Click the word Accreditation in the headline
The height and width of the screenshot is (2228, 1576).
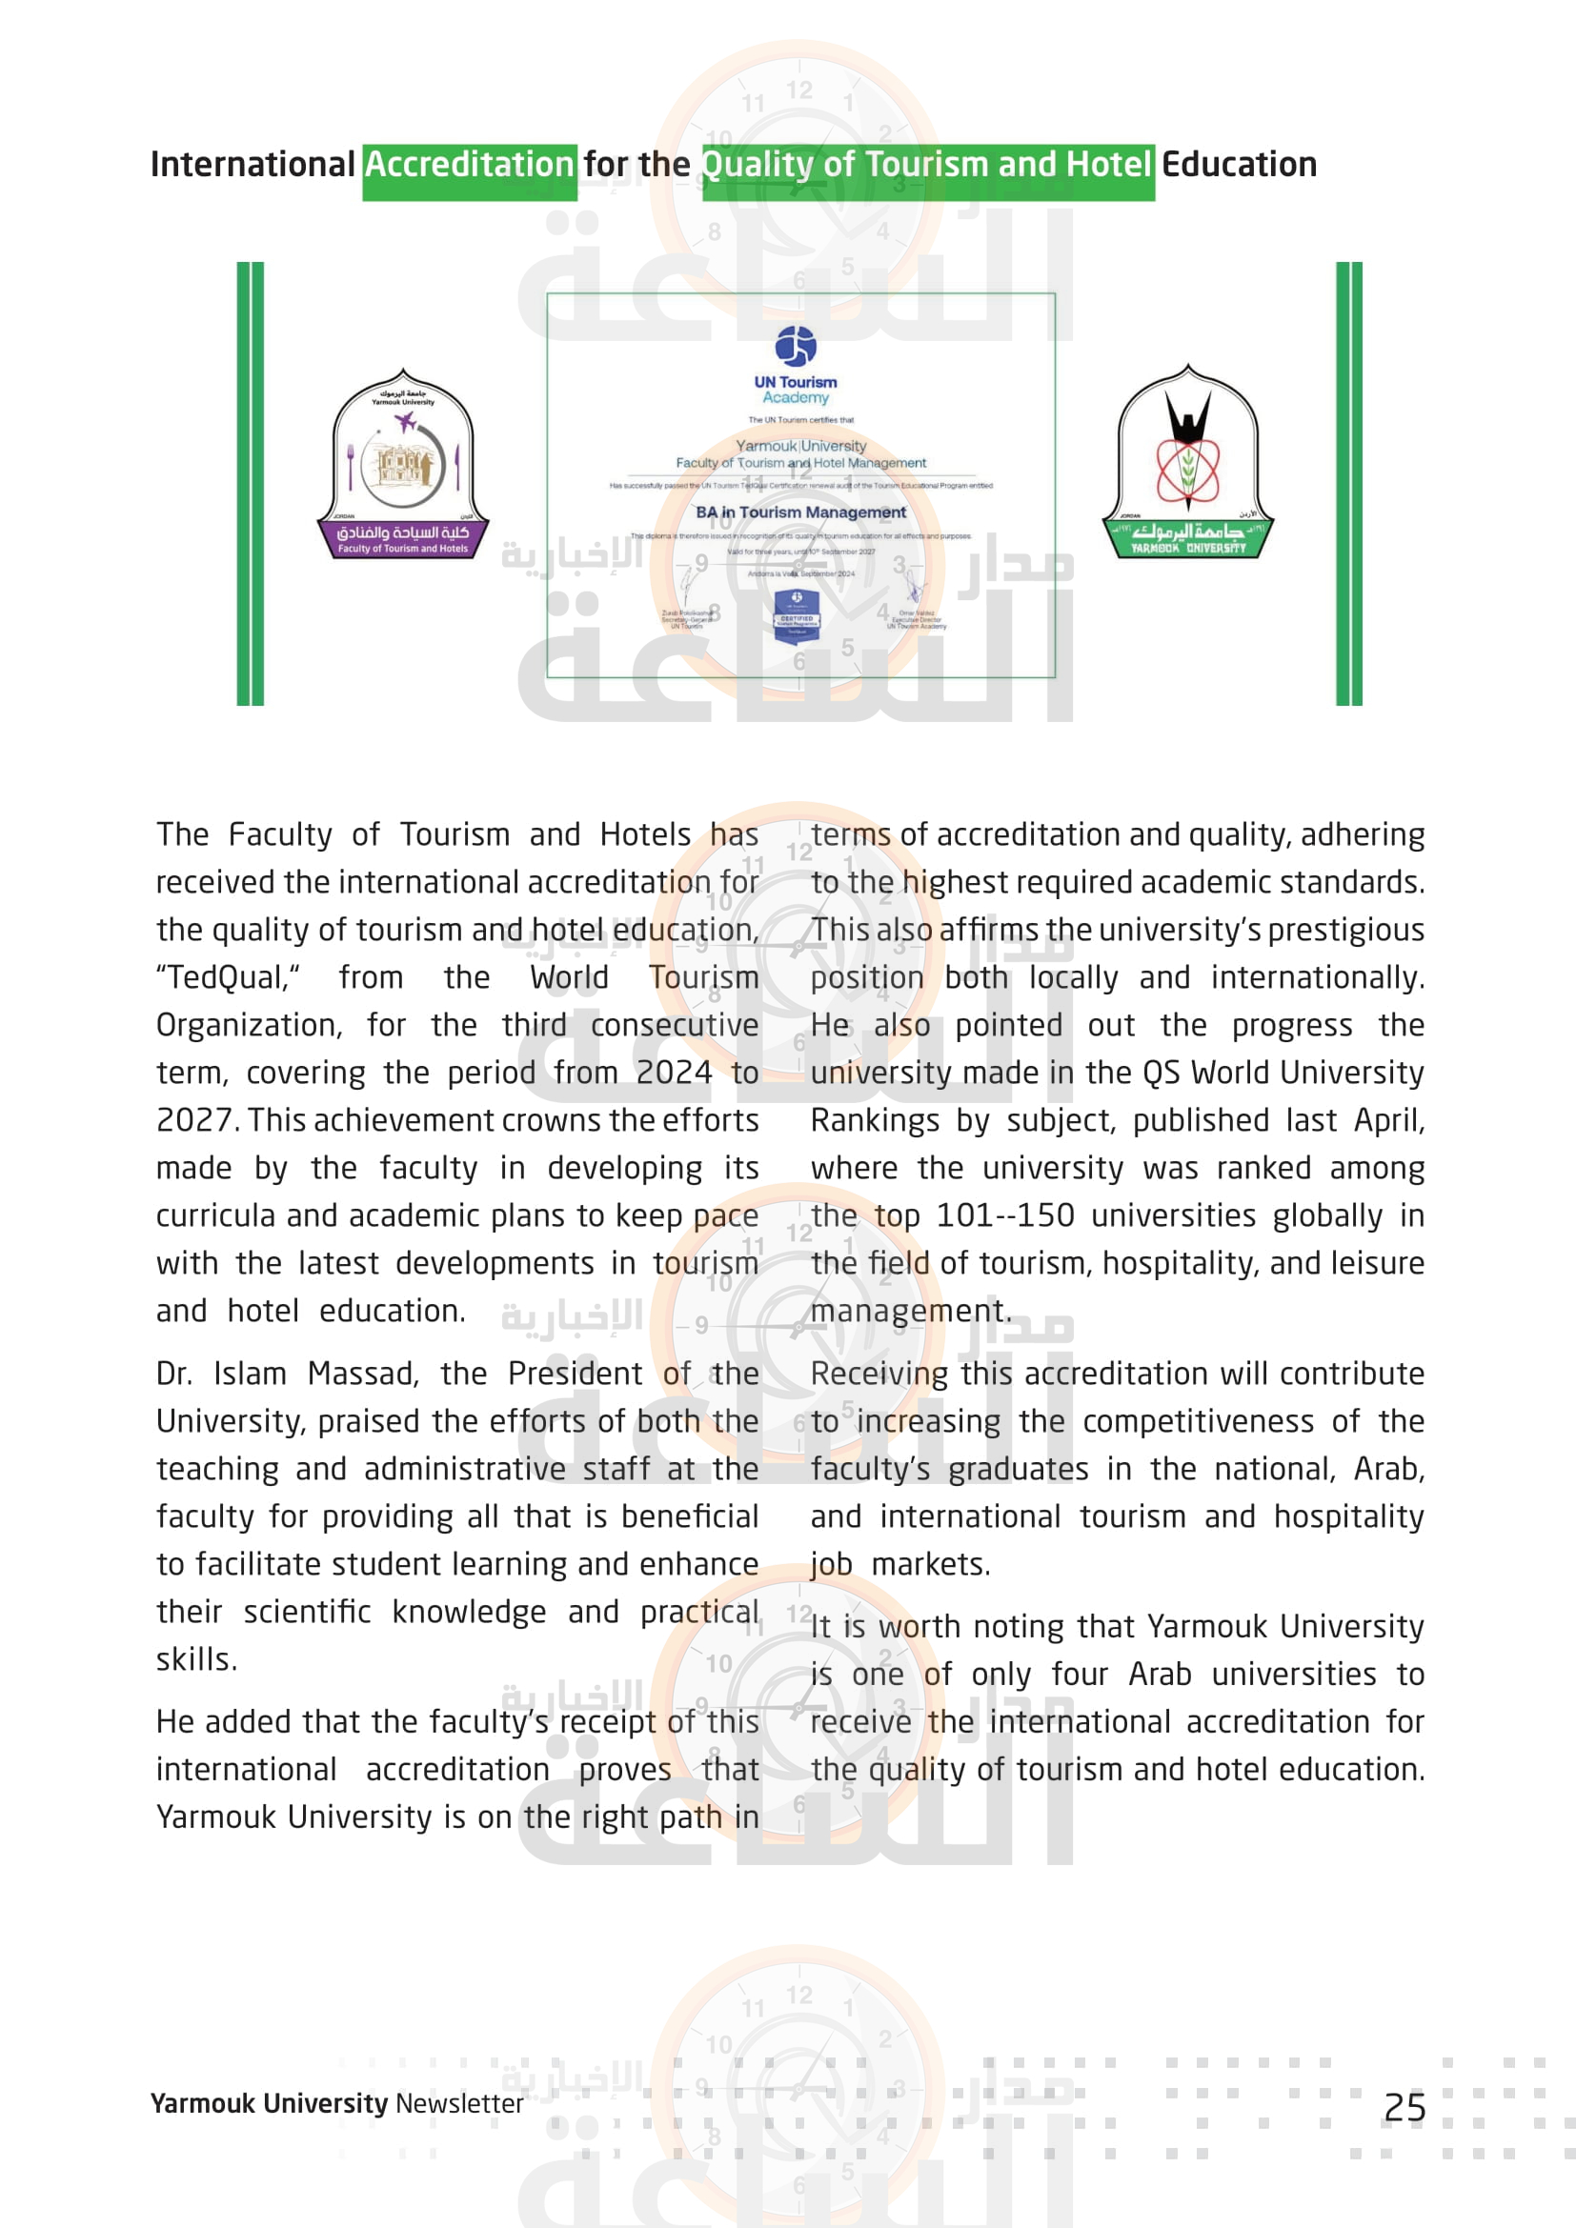click(470, 165)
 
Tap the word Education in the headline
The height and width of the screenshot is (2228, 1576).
click(1240, 165)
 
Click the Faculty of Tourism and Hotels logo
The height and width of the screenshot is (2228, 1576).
click(403, 464)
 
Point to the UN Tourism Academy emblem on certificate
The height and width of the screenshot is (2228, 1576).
click(796, 347)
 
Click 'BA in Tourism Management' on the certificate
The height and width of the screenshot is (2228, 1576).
click(800, 512)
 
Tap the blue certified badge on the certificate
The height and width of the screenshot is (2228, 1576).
click(797, 616)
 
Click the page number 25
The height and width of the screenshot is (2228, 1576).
click(1404, 2108)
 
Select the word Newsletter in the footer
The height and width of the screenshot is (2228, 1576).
click(459, 2104)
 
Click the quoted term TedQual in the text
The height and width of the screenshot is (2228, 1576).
click(228, 978)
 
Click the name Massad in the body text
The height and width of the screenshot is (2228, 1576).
click(363, 1375)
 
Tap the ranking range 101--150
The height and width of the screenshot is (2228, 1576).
click(1004, 1215)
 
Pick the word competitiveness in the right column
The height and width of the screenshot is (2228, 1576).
click(1199, 1421)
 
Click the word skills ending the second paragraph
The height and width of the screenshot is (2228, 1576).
click(196, 1660)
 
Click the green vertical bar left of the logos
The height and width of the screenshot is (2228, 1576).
click(251, 483)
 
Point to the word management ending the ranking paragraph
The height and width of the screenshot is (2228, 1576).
click(910, 1312)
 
